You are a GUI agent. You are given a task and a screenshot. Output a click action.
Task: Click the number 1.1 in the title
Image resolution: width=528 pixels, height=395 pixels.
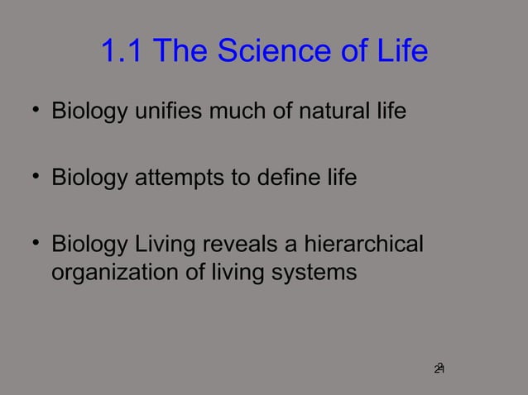pyautogui.click(x=122, y=53)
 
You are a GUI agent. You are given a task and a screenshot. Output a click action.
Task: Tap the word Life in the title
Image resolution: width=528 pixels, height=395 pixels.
pyautogui.click(x=401, y=53)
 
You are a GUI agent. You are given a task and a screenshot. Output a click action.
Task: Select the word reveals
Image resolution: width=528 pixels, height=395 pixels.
pyautogui.click(x=231, y=246)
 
